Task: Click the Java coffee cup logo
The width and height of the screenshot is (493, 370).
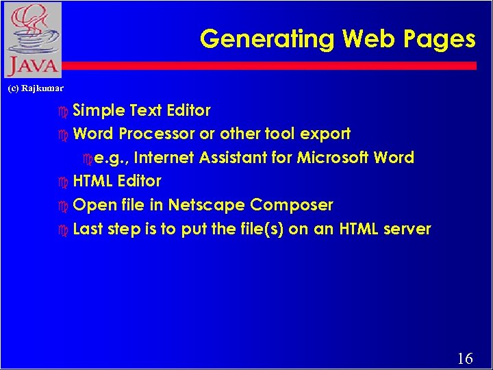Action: (31, 39)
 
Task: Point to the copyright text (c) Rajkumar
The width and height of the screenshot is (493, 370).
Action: (35, 88)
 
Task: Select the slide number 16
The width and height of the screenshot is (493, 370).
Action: (464, 358)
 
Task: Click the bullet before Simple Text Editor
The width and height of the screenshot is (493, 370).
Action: (64, 111)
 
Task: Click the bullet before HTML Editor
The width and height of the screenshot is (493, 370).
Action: (64, 182)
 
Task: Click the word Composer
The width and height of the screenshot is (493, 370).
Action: (292, 206)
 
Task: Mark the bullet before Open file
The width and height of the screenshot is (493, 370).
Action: (64, 206)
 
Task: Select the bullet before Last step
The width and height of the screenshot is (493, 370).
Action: (64, 230)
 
